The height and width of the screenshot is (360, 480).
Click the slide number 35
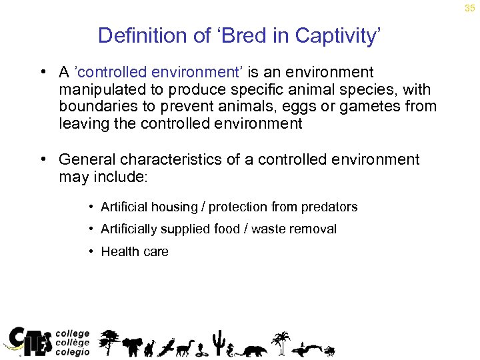470,8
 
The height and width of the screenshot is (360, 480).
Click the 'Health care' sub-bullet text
135,251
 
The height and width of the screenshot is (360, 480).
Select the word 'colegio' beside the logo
72,353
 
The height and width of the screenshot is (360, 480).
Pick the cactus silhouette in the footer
217,341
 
